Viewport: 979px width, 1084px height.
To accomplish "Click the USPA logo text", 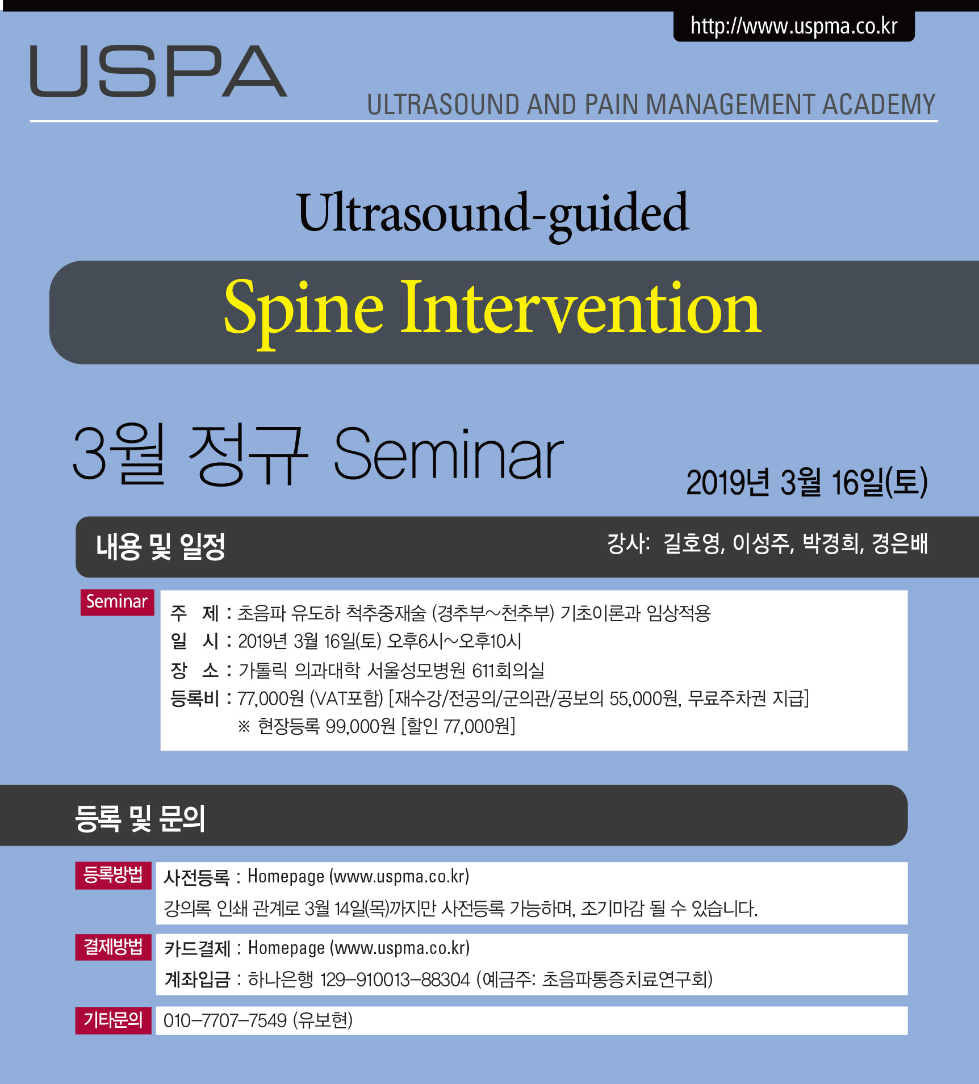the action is coord(158,72).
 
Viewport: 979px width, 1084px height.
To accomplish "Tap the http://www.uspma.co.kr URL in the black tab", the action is coord(794,27).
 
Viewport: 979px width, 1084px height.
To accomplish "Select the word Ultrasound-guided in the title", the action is coord(493,214).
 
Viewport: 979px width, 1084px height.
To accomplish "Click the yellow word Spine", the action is coord(304,311).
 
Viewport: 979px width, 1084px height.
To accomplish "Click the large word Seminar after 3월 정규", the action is coord(449,454).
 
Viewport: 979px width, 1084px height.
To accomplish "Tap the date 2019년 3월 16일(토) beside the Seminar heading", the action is coord(807,483).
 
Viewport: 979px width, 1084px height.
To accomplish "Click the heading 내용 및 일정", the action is coord(161,547).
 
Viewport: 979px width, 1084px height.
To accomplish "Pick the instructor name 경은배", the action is coord(899,543).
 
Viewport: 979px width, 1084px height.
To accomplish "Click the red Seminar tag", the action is coord(117,602).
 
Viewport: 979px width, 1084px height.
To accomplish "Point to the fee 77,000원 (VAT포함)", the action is coord(311,698).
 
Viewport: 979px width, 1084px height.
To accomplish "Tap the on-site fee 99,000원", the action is coord(361,726).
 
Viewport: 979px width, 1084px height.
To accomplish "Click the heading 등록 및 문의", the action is coord(140,818).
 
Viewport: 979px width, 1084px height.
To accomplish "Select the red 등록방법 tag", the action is coord(113,875).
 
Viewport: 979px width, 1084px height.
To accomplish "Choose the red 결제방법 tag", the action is coord(113,947).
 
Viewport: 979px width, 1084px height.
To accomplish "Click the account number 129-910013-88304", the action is coord(395,980).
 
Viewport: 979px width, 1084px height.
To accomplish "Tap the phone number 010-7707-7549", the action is coord(225,1020).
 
